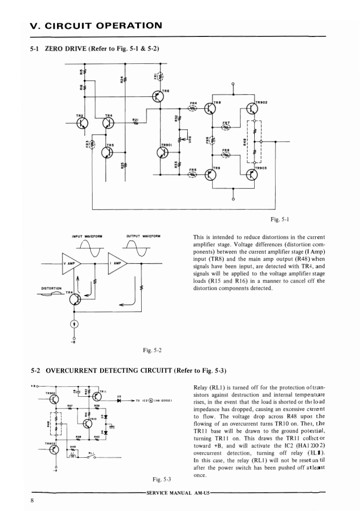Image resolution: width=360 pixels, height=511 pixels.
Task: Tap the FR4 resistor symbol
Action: click(193, 108)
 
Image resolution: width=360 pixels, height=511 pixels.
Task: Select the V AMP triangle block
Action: click(71, 263)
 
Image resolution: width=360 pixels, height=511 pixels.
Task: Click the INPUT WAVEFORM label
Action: click(87, 236)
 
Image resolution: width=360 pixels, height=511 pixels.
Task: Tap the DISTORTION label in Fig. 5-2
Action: click(51, 288)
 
